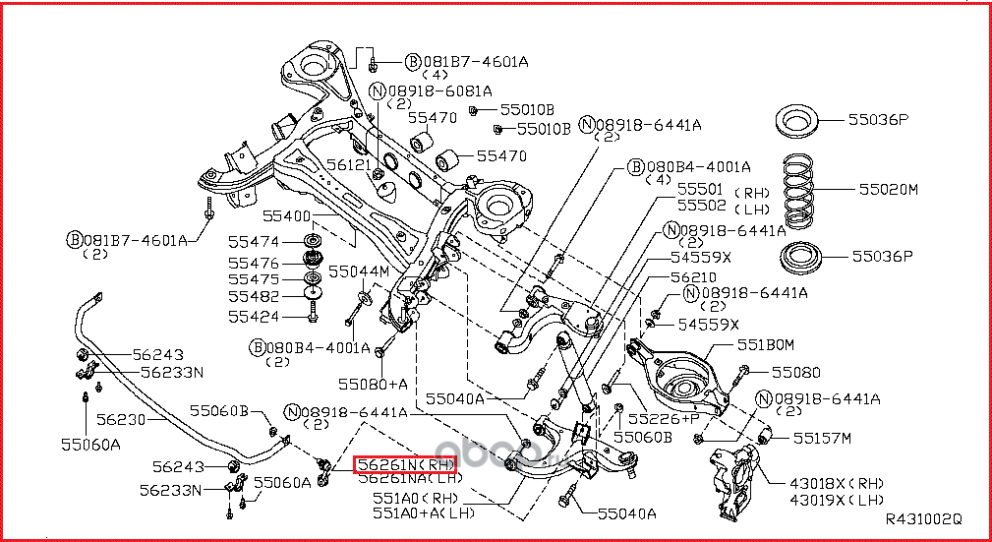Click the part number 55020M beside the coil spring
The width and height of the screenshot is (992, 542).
coord(888,189)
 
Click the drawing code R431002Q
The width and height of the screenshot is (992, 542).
coord(923,518)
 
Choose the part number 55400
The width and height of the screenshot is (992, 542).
coord(286,215)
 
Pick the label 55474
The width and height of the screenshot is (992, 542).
coord(254,242)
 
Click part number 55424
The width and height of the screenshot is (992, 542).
coord(254,317)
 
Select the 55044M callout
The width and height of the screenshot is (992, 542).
coord(358,271)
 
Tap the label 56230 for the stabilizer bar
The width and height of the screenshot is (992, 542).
coord(121,418)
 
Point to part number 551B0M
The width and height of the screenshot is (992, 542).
coord(765,345)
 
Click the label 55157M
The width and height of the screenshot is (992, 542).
coord(822,438)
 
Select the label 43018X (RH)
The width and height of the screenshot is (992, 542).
coord(837,483)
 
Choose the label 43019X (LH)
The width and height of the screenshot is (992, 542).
coord(837,500)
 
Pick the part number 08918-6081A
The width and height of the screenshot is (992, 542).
coord(438,90)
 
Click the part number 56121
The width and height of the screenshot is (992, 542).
coord(350,167)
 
